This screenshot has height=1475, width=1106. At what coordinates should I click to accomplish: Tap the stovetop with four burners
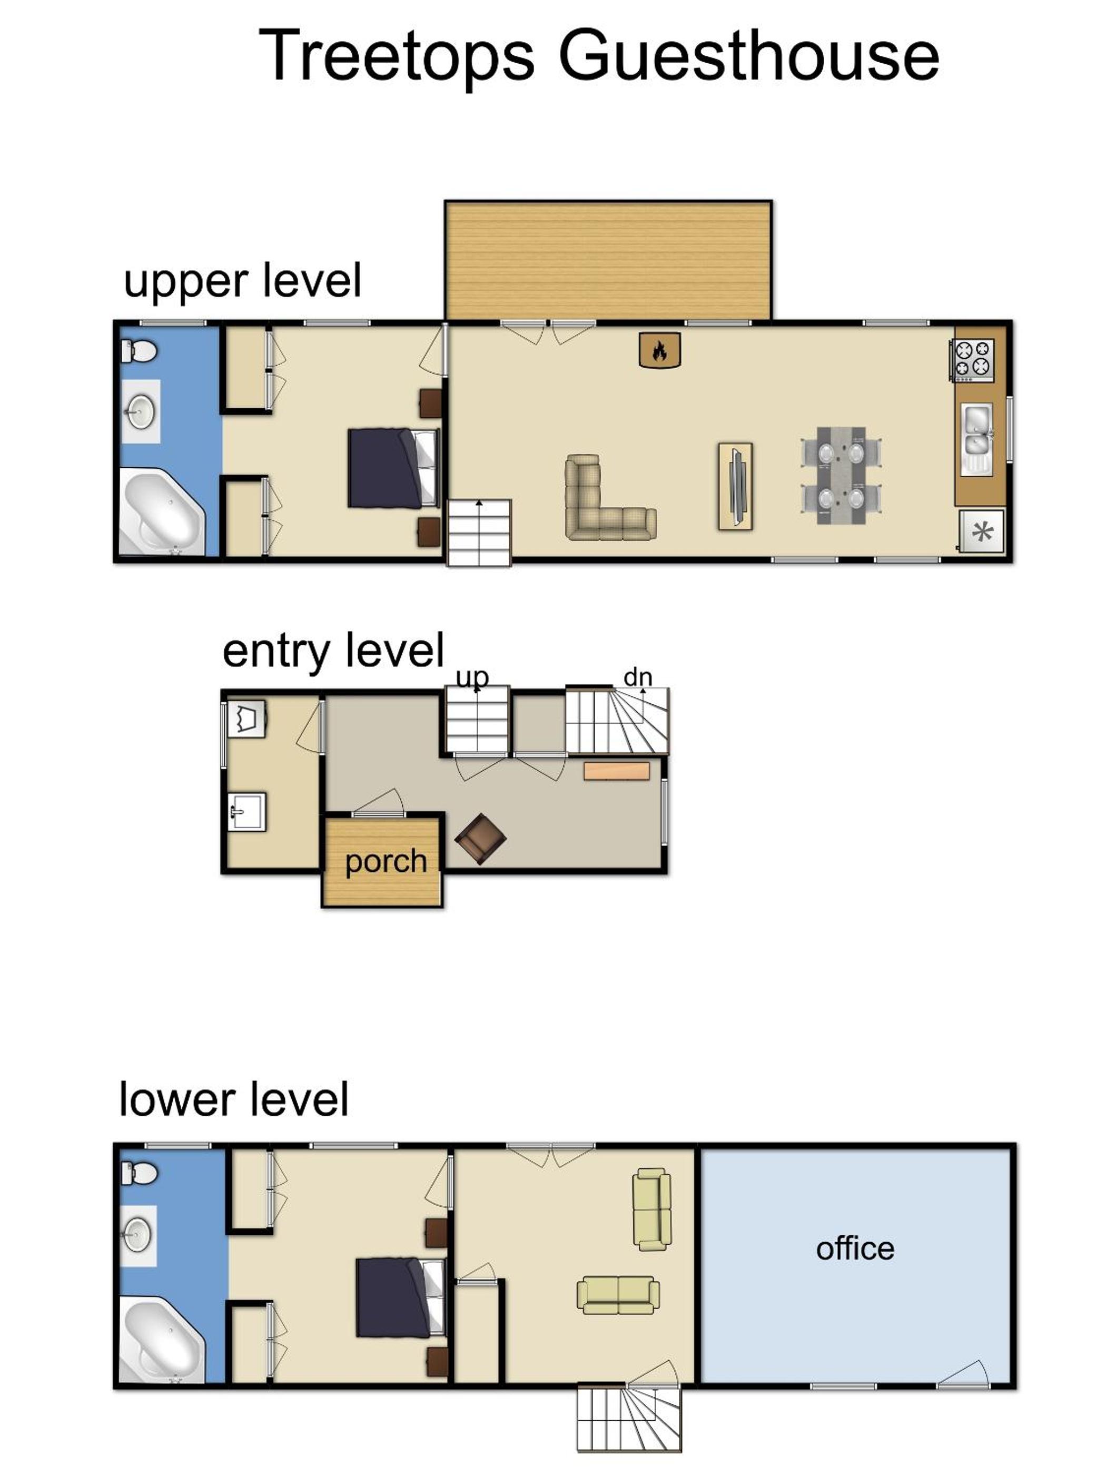click(x=973, y=360)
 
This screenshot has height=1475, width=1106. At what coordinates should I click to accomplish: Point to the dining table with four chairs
click(x=841, y=475)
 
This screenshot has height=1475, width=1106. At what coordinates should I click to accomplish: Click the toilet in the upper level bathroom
click(x=139, y=350)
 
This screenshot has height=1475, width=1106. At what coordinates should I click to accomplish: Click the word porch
click(x=386, y=861)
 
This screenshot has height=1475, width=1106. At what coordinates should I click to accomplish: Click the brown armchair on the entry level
click(x=480, y=839)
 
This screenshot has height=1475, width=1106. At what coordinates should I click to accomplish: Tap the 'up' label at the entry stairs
click(x=472, y=677)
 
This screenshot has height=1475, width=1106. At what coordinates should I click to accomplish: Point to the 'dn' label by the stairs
click(x=637, y=677)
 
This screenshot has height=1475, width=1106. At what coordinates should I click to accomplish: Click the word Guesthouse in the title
click(x=749, y=56)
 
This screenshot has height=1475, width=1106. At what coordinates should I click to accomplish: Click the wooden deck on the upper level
click(x=608, y=261)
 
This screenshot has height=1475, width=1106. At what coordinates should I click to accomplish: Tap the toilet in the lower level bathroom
click(x=139, y=1174)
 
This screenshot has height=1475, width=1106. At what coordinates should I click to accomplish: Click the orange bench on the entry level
click(x=617, y=771)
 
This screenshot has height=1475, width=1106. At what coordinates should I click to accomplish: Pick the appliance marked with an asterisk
click(x=981, y=532)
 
